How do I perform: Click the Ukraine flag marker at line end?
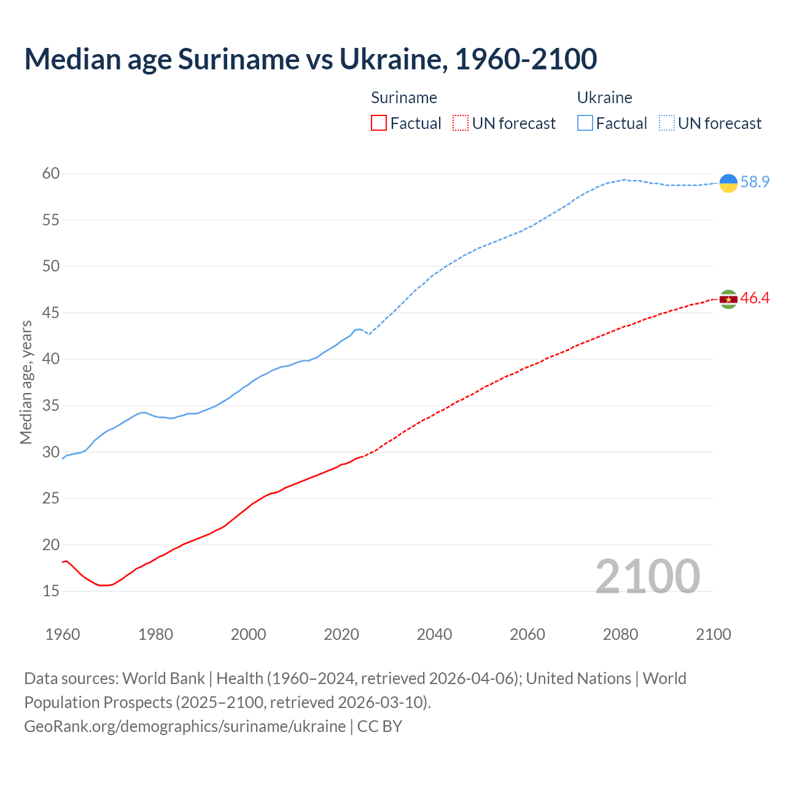[728, 183]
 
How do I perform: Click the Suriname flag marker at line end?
[728, 299]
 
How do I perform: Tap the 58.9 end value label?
[755, 182]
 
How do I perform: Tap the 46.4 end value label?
[755, 298]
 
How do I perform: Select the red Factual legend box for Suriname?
[379, 123]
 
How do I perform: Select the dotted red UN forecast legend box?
[461, 123]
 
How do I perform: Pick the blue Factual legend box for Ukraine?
[585, 123]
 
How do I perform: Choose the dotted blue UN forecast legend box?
[667, 123]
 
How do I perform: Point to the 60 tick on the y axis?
[51, 174]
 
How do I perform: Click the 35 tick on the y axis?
[51, 406]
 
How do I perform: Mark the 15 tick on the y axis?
[51, 591]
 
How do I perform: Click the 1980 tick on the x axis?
[155, 634]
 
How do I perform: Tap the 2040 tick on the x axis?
[434, 634]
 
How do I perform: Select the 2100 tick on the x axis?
[713, 634]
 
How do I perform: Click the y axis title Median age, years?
[26, 382]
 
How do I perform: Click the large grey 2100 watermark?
[647, 577]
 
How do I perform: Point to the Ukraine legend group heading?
[604, 98]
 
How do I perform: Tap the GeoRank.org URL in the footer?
[185, 726]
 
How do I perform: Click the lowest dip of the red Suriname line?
[103, 585]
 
